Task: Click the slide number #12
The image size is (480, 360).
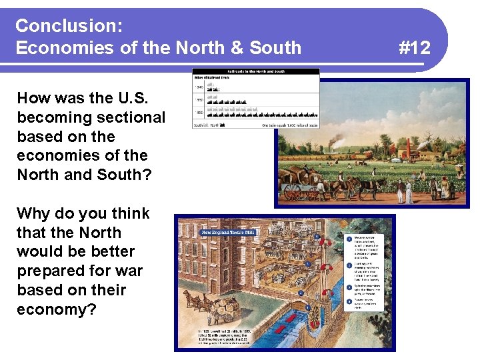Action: (414, 47)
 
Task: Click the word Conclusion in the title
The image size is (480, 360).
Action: (67, 26)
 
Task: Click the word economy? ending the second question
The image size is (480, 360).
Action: (57, 310)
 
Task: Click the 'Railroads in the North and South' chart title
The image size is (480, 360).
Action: (255, 71)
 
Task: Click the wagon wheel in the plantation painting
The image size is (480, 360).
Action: (292, 191)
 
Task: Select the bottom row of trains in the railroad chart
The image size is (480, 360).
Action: (263, 114)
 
